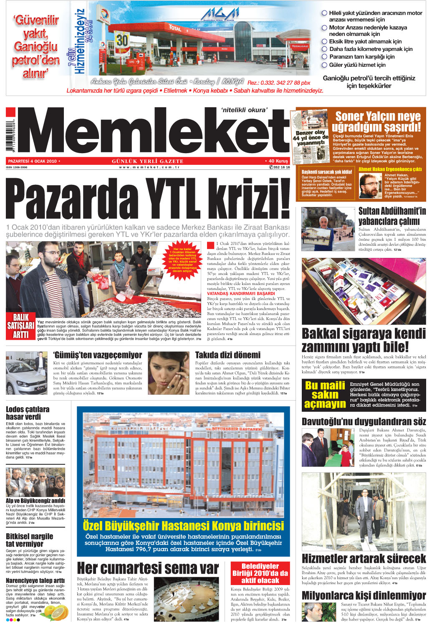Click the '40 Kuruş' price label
click(x=276, y=161)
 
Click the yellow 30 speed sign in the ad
click(x=122, y=40)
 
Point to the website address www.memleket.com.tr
click(x=149, y=167)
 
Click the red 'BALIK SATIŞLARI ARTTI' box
click(x=21, y=325)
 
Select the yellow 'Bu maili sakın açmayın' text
click(x=325, y=394)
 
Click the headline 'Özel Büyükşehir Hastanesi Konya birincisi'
click(x=183, y=525)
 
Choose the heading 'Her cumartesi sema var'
click(x=148, y=568)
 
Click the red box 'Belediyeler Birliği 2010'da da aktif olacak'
click(x=260, y=573)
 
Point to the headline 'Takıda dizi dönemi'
click(x=228, y=355)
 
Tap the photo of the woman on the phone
click(x=169, y=373)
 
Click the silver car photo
click(x=26, y=373)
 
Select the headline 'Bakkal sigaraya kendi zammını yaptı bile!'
click(x=364, y=340)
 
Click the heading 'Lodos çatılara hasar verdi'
click(x=28, y=413)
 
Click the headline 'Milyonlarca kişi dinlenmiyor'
click(x=364, y=595)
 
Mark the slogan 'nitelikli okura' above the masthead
click(x=244, y=110)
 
